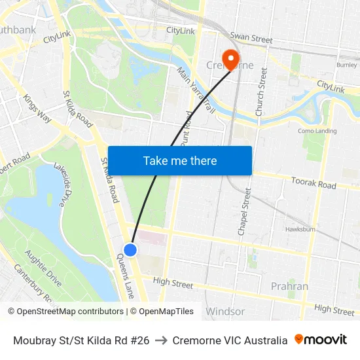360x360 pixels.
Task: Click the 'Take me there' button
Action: [180, 160]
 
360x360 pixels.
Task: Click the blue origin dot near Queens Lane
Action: [130, 249]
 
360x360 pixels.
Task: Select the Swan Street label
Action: [251, 39]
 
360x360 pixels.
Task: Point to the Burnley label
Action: [346, 65]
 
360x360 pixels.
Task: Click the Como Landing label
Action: [317, 131]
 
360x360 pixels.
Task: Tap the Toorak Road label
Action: [314, 184]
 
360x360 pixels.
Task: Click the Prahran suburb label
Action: [289, 286]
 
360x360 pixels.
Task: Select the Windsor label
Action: [225, 312]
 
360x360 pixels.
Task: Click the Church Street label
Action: [261, 92]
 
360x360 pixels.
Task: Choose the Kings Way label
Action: [37, 109]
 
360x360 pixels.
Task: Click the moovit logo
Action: [320, 340]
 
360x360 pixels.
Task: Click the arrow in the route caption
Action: [161, 340]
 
